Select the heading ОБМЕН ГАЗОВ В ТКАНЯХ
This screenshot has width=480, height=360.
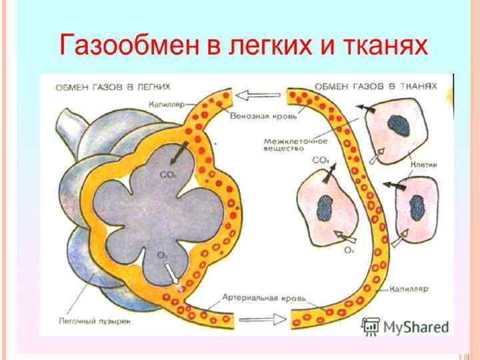point(376,87)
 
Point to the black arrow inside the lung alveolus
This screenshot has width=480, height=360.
point(177,155)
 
